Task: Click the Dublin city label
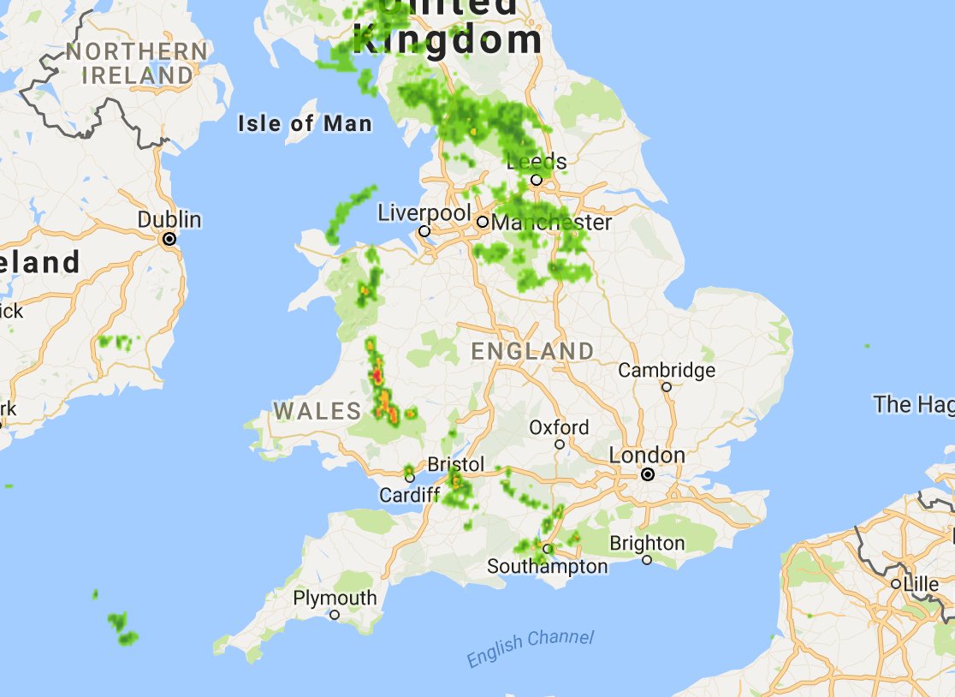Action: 169,220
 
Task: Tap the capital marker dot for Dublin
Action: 169,239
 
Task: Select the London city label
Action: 647,456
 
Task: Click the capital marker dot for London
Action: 648,474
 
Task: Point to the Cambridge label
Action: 667,371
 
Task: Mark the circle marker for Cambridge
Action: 667,387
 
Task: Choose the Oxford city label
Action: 559,427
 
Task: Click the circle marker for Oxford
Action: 560,444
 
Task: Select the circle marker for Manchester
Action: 483,222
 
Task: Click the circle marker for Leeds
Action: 536,180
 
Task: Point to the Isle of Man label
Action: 305,124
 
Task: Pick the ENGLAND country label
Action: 532,351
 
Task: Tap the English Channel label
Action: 531,648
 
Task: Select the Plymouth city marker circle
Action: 335,615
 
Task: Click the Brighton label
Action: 647,543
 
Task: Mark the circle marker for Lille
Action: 895,584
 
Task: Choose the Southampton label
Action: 547,567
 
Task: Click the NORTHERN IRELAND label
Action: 137,63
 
